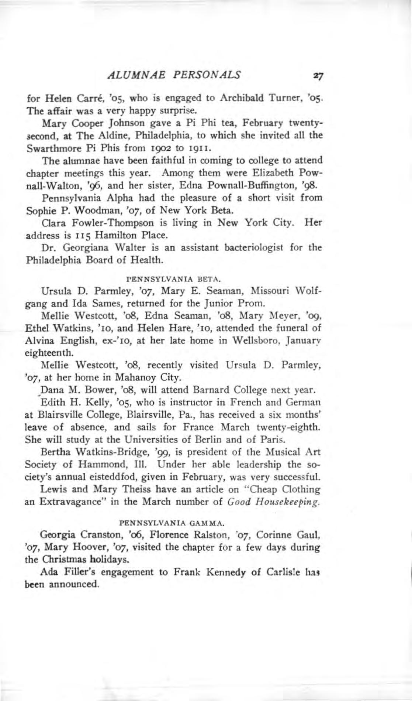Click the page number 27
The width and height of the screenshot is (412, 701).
(x=317, y=76)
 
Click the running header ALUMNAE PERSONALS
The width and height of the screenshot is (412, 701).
(x=174, y=75)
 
